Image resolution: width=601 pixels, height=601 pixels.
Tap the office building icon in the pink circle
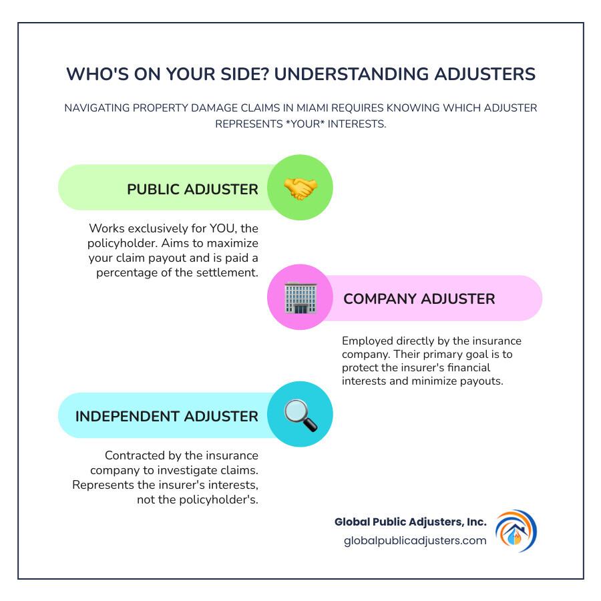point(300,298)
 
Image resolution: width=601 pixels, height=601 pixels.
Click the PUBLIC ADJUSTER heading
point(192,189)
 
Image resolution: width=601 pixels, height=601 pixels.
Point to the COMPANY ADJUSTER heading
point(419,298)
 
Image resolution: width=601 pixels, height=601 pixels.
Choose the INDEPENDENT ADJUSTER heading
point(166,416)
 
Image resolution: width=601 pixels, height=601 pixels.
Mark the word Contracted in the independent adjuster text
point(134,455)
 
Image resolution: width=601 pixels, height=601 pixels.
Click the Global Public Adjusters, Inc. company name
point(411,522)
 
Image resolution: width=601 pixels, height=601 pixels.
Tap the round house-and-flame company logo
point(516,531)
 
